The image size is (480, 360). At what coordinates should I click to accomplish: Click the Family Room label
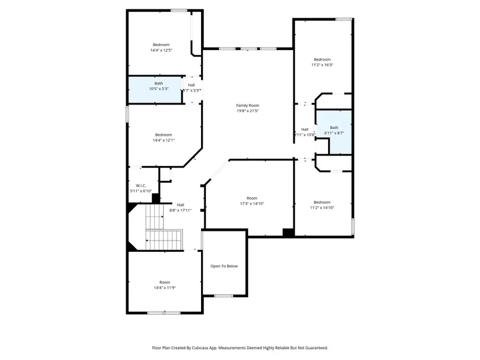(x=247, y=106)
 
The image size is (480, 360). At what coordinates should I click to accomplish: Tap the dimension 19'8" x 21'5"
(x=247, y=111)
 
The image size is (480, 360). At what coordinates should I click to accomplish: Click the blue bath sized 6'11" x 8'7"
(x=334, y=132)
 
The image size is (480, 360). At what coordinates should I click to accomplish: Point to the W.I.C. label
(x=141, y=186)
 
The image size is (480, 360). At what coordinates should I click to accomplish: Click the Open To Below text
(x=224, y=266)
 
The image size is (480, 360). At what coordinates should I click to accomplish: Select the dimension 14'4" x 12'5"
(x=161, y=50)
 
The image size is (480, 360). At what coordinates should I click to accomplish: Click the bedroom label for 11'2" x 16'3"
(x=322, y=59)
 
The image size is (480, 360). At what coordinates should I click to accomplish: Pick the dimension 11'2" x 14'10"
(x=322, y=208)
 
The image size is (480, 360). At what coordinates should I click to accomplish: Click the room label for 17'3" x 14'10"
(x=252, y=198)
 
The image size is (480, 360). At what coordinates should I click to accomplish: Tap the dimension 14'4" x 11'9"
(x=165, y=287)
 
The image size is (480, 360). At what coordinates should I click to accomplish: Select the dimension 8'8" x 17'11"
(x=180, y=210)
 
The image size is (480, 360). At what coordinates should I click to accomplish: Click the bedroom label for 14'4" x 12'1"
(x=164, y=134)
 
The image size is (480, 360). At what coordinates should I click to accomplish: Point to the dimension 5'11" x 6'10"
(x=141, y=191)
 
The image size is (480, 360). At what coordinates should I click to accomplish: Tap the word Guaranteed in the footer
(x=316, y=348)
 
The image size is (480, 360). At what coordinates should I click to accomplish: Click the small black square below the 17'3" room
(x=288, y=233)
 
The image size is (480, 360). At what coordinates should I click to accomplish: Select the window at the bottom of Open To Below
(x=223, y=295)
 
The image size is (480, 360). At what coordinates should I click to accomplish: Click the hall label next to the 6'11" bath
(x=305, y=129)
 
